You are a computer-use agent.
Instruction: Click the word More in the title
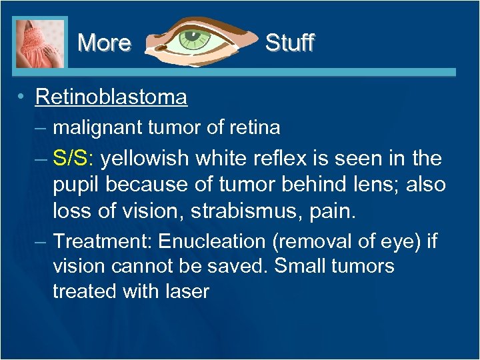pyautogui.click(x=104, y=43)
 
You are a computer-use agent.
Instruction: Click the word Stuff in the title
pyautogui.click(x=289, y=43)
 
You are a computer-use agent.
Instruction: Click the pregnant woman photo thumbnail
pyautogui.click(x=40, y=43)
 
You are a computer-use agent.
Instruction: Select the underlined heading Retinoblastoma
pyautogui.click(x=111, y=97)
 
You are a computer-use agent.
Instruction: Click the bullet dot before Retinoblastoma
pyautogui.click(x=23, y=97)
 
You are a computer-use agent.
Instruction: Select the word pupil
pyautogui.click(x=75, y=185)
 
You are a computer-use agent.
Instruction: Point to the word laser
pyautogui.click(x=187, y=291)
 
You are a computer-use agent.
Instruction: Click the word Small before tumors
pyautogui.click(x=299, y=265)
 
